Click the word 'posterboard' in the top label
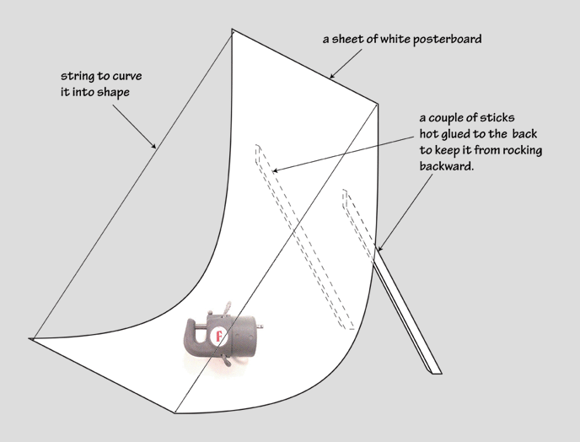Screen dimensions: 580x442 [x=447, y=40]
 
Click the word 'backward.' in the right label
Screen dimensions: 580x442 [x=447, y=166]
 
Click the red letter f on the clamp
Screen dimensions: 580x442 [x=218, y=336]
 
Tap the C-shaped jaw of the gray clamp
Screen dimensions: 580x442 [x=194, y=336]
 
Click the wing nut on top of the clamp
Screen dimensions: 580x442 [x=226, y=308]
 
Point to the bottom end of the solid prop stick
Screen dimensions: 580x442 [x=437, y=371]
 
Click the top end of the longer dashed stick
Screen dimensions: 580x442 [x=258, y=147]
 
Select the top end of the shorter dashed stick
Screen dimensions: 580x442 [x=345, y=191]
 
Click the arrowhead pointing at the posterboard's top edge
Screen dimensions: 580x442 [x=332, y=76]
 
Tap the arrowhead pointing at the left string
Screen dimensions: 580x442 [x=154, y=145]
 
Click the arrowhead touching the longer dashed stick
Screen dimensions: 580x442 [x=275, y=170]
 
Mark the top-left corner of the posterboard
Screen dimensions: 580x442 [x=232, y=29]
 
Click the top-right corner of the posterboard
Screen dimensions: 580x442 [x=378, y=104]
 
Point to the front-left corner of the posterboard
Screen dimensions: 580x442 [x=30, y=338]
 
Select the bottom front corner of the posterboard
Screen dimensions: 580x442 [x=175, y=412]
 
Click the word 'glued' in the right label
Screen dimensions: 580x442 [x=456, y=134]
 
